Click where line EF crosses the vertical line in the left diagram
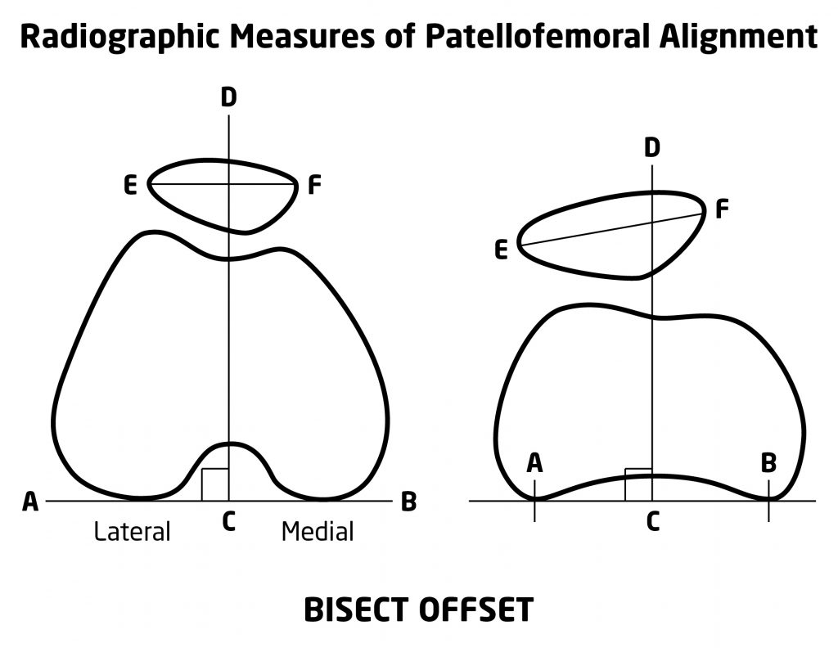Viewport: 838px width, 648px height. [x=229, y=184]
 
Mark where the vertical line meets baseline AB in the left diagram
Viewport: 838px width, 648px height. [x=229, y=501]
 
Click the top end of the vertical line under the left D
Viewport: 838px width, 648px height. [x=229, y=115]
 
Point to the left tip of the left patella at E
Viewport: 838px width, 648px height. [x=148, y=184]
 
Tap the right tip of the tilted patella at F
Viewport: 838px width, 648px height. [x=705, y=212]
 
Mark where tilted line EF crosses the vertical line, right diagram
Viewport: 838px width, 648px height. [x=652, y=222]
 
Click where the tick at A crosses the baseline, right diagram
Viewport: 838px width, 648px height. [x=534, y=501]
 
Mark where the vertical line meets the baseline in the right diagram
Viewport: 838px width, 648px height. [x=652, y=501]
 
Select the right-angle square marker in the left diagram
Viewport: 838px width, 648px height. [x=215, y=485]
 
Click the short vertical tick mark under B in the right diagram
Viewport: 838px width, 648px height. [x=768, y=501]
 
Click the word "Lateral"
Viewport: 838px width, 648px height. [x=132, y=532]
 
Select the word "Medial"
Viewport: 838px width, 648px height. [x=318, y=532]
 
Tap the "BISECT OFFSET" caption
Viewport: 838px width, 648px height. [x=418, y=610]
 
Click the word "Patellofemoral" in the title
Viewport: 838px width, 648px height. [x=537, y=37]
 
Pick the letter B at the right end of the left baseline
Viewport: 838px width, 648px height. [x=408, y=502]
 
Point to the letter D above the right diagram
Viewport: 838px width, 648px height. [x=652, y=147]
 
